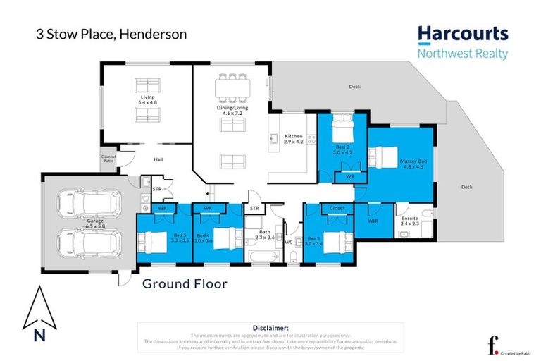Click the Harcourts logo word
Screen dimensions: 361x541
pos(462,35)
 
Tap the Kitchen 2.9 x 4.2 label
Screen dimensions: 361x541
pos(293,139)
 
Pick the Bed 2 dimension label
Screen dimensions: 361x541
pos(341,149)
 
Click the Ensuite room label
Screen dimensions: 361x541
pos(409,221)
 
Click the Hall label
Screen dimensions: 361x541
pos(158,160)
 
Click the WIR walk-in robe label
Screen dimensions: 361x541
pos(371,221)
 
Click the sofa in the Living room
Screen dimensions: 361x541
pos(148,85)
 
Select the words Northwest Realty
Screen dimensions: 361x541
pos(462,54)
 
